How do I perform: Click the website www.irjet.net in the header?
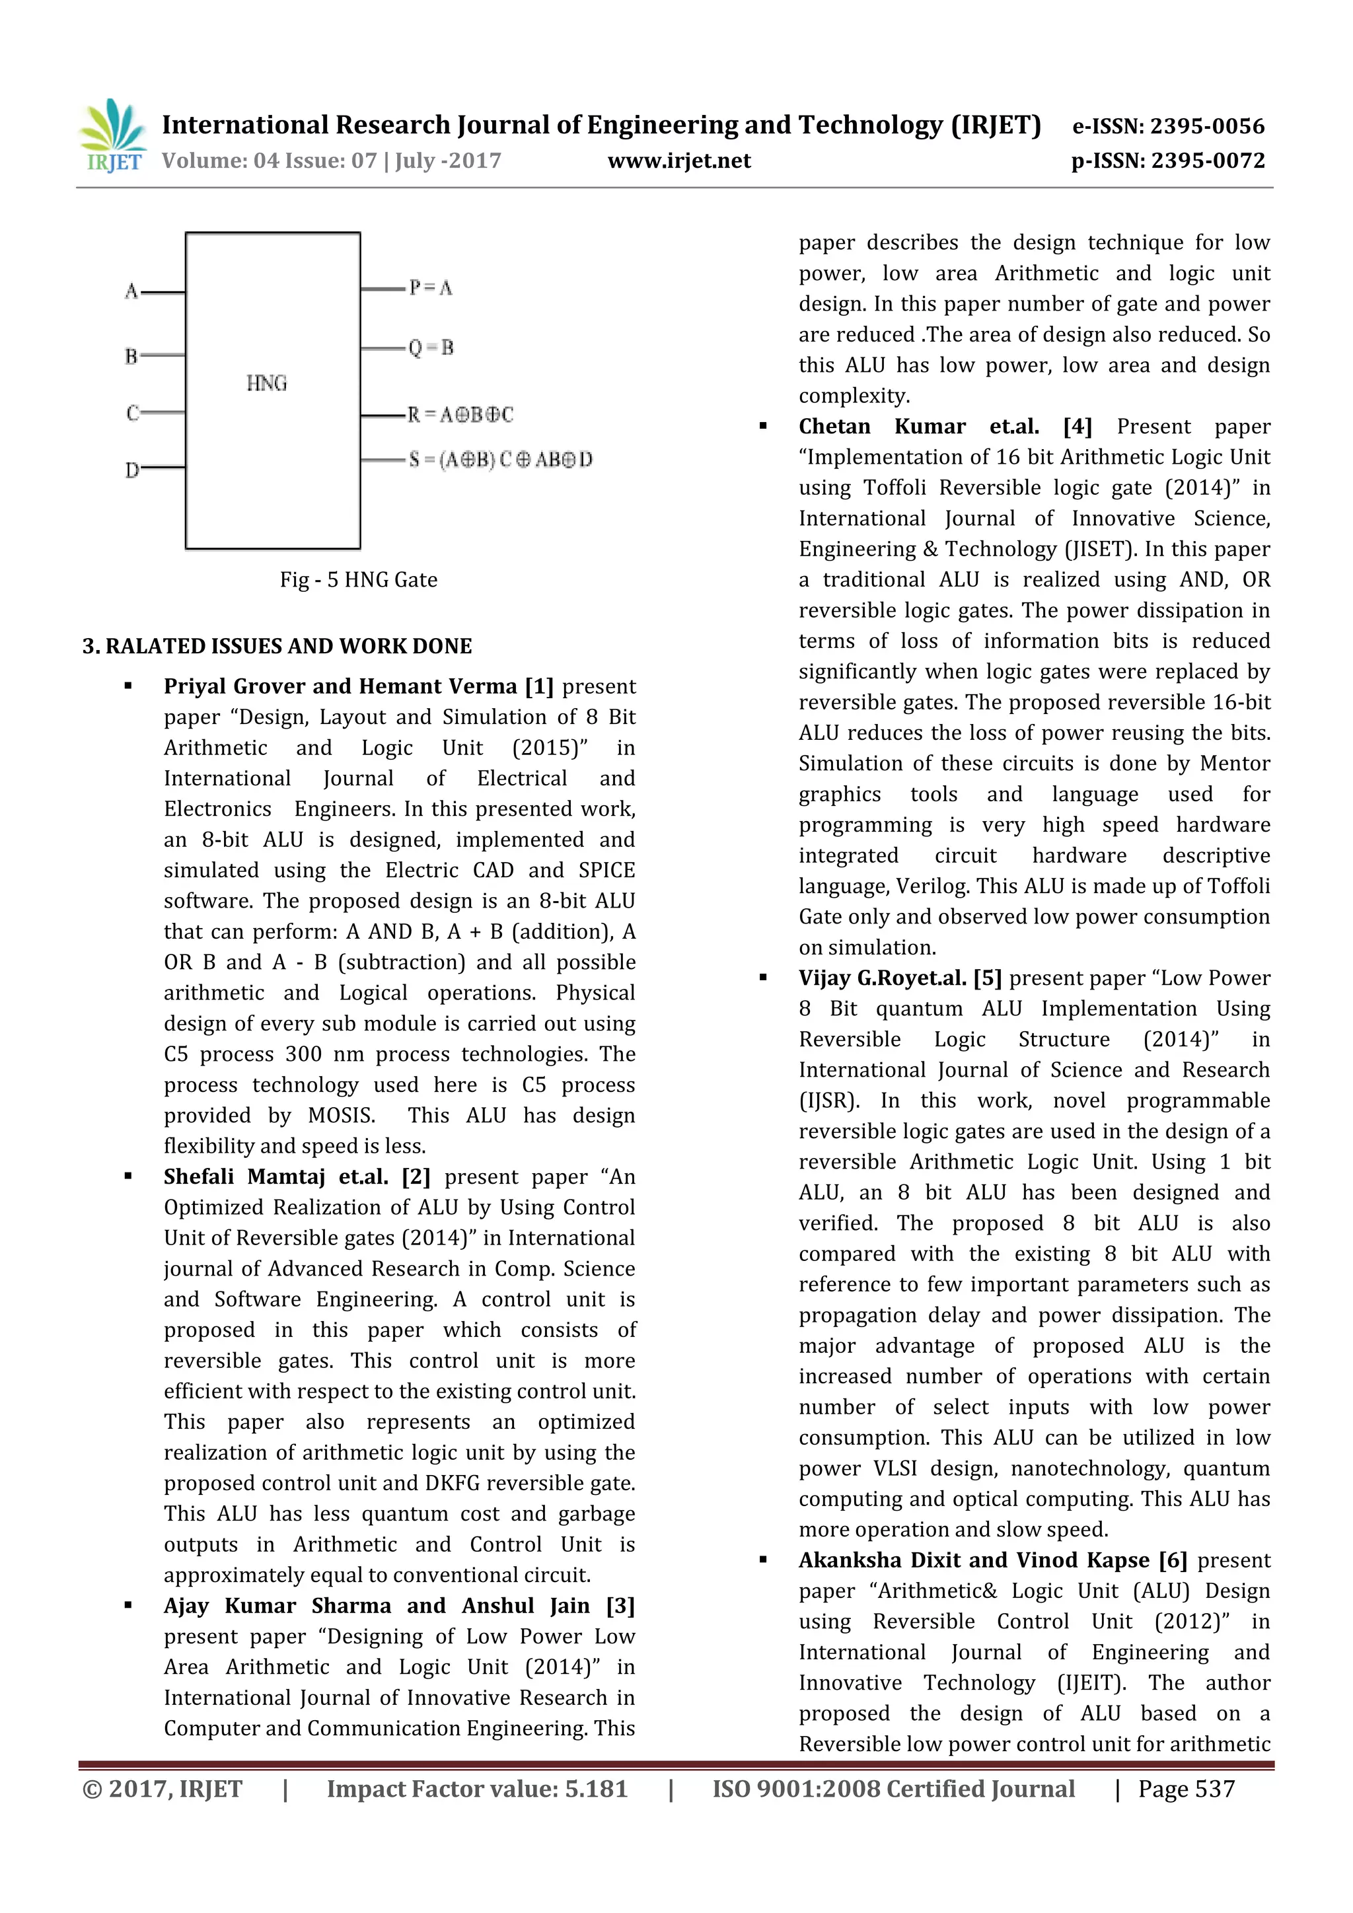pyautogui.click(x=679, y=161)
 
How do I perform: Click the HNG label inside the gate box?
pyautogui.click(x=267, y=383)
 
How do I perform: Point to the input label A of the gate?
pyautogui.click(x=131, y=291)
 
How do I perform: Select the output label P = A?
pyautogui.click(x=431, y=288)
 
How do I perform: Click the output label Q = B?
pyautogui.click(x=431, y=348)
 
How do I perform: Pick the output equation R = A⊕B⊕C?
pyautogui.click(x=460, y=414)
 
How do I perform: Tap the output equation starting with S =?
pyautogui.click(x=500, y=459)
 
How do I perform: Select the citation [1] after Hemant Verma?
pyautogui.click(x=539, y=686)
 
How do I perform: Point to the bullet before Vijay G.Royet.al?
pyautogui.click(x=762, y=978)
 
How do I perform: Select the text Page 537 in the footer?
pyautogui.click(x=1187, y=1789)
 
